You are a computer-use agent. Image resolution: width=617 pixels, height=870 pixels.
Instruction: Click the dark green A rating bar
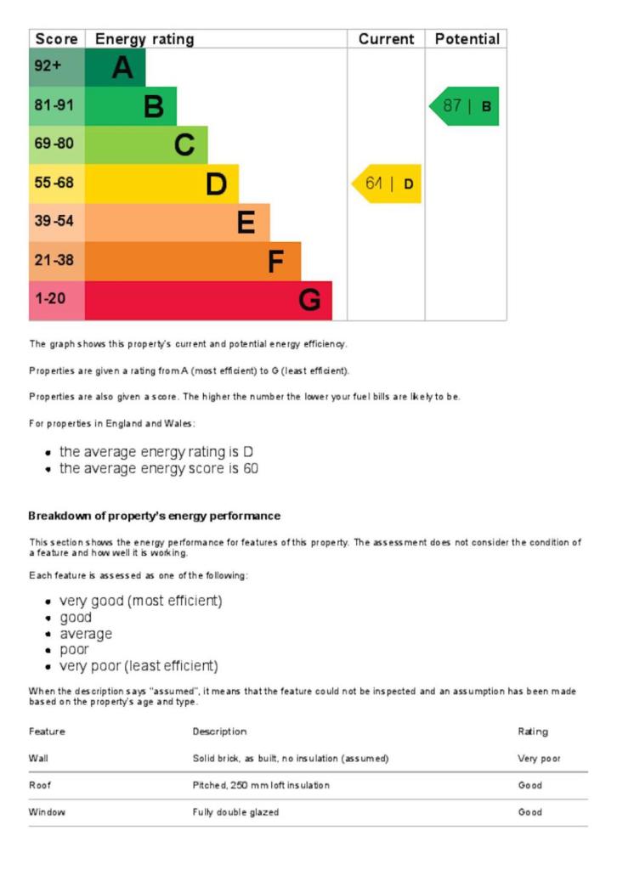tap(116, 67)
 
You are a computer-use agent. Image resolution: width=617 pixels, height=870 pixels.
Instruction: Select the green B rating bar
tap(131, 106)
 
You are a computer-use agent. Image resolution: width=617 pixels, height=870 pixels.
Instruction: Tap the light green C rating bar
tap(146, 144)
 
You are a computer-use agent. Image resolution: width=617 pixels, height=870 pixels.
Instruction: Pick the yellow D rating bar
tap(161, 184)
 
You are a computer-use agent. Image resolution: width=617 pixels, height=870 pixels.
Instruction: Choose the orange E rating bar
tap(177, 223)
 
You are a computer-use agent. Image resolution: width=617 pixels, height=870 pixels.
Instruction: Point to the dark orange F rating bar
tap(193, 262)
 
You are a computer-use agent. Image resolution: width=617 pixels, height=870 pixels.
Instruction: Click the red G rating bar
tap(208, 301)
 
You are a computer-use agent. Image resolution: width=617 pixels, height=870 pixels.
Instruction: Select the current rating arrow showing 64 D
tap(387, 184)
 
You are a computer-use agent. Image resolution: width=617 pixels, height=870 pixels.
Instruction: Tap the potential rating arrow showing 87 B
tap(465, 106)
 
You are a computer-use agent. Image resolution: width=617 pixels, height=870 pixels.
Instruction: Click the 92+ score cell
tap(57, 67)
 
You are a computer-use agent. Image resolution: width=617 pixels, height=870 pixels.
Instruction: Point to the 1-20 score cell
tap(57, 301)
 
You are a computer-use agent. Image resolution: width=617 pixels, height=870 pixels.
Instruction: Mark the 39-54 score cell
tap(57, 223)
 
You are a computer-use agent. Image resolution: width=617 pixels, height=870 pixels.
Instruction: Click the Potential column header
tap(467, 39)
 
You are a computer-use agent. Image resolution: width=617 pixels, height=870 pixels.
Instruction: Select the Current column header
tap(386, 39)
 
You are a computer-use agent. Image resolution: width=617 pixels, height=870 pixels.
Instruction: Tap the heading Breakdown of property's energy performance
tap(154, 516)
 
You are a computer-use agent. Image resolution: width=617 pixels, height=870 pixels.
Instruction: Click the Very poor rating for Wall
tap(539, 758)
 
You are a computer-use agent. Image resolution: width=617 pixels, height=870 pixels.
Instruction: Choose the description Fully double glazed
tap(235, 812)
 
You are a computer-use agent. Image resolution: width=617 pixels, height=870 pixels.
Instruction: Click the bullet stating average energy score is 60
tap(159, 468)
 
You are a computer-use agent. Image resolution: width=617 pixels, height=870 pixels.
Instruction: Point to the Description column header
tap(219, 732)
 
